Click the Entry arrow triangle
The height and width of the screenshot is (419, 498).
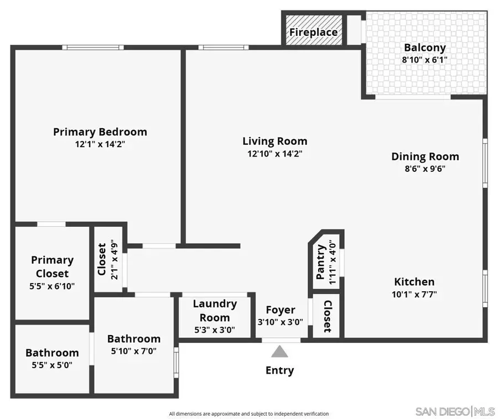click(x=280, y=352)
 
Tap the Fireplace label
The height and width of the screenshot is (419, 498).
click(x=313, y=32)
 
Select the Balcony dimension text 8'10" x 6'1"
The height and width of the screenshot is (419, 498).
click(x=424, y=59)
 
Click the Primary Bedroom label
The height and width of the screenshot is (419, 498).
click(x=100, y=132)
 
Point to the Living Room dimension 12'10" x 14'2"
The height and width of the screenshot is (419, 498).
click(x=275, y=154)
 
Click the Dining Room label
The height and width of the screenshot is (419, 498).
click(x=425, y=156)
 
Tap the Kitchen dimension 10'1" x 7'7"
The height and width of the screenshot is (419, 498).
click(x=414, y=294)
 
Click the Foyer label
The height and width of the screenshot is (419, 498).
click(x=281, y=310)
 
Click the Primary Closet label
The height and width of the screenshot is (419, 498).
click(x=52, y=266)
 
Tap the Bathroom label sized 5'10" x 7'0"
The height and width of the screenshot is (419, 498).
click(x=134, y=339)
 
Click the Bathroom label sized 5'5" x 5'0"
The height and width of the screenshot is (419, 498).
click(x=52, y=353)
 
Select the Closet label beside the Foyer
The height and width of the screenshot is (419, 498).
click(x=327, y=316)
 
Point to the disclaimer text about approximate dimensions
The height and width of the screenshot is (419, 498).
click(x=249, y=413)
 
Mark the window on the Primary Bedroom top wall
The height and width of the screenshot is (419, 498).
click(x=88, y=48)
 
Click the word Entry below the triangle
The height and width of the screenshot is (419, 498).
click(x=280, y=370)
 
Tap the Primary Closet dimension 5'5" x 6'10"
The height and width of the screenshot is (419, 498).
click(x=52, y=286)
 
